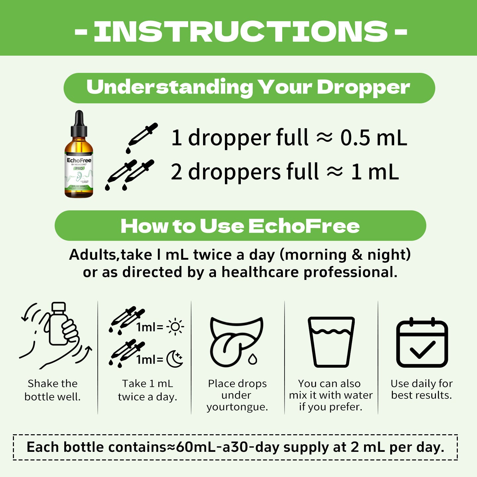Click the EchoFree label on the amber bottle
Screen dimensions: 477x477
pos(79,161)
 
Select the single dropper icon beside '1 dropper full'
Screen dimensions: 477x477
pos(142,137)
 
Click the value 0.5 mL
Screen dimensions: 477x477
pos(373,138)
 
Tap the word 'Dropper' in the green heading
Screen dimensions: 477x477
pos(363,87)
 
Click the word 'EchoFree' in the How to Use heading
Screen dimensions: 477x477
pos(304,226)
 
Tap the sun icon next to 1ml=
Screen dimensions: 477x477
pos(175,327)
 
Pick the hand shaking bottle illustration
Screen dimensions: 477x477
pos(56,335)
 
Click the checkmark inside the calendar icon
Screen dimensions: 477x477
pos(422,349)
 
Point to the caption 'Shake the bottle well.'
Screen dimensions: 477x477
pos(53,390)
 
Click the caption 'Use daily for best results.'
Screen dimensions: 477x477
pos(421,389)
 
